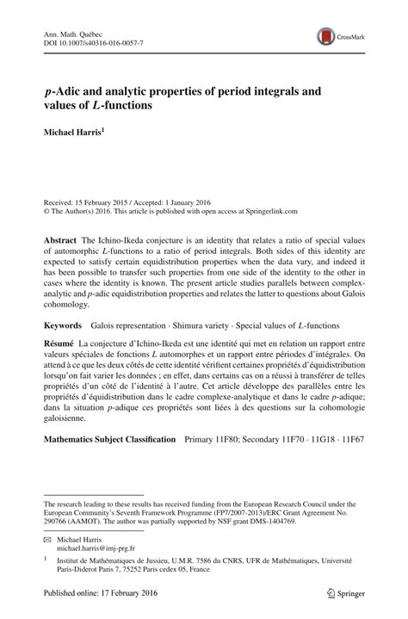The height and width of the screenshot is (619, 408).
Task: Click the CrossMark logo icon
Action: coord(326,36)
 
